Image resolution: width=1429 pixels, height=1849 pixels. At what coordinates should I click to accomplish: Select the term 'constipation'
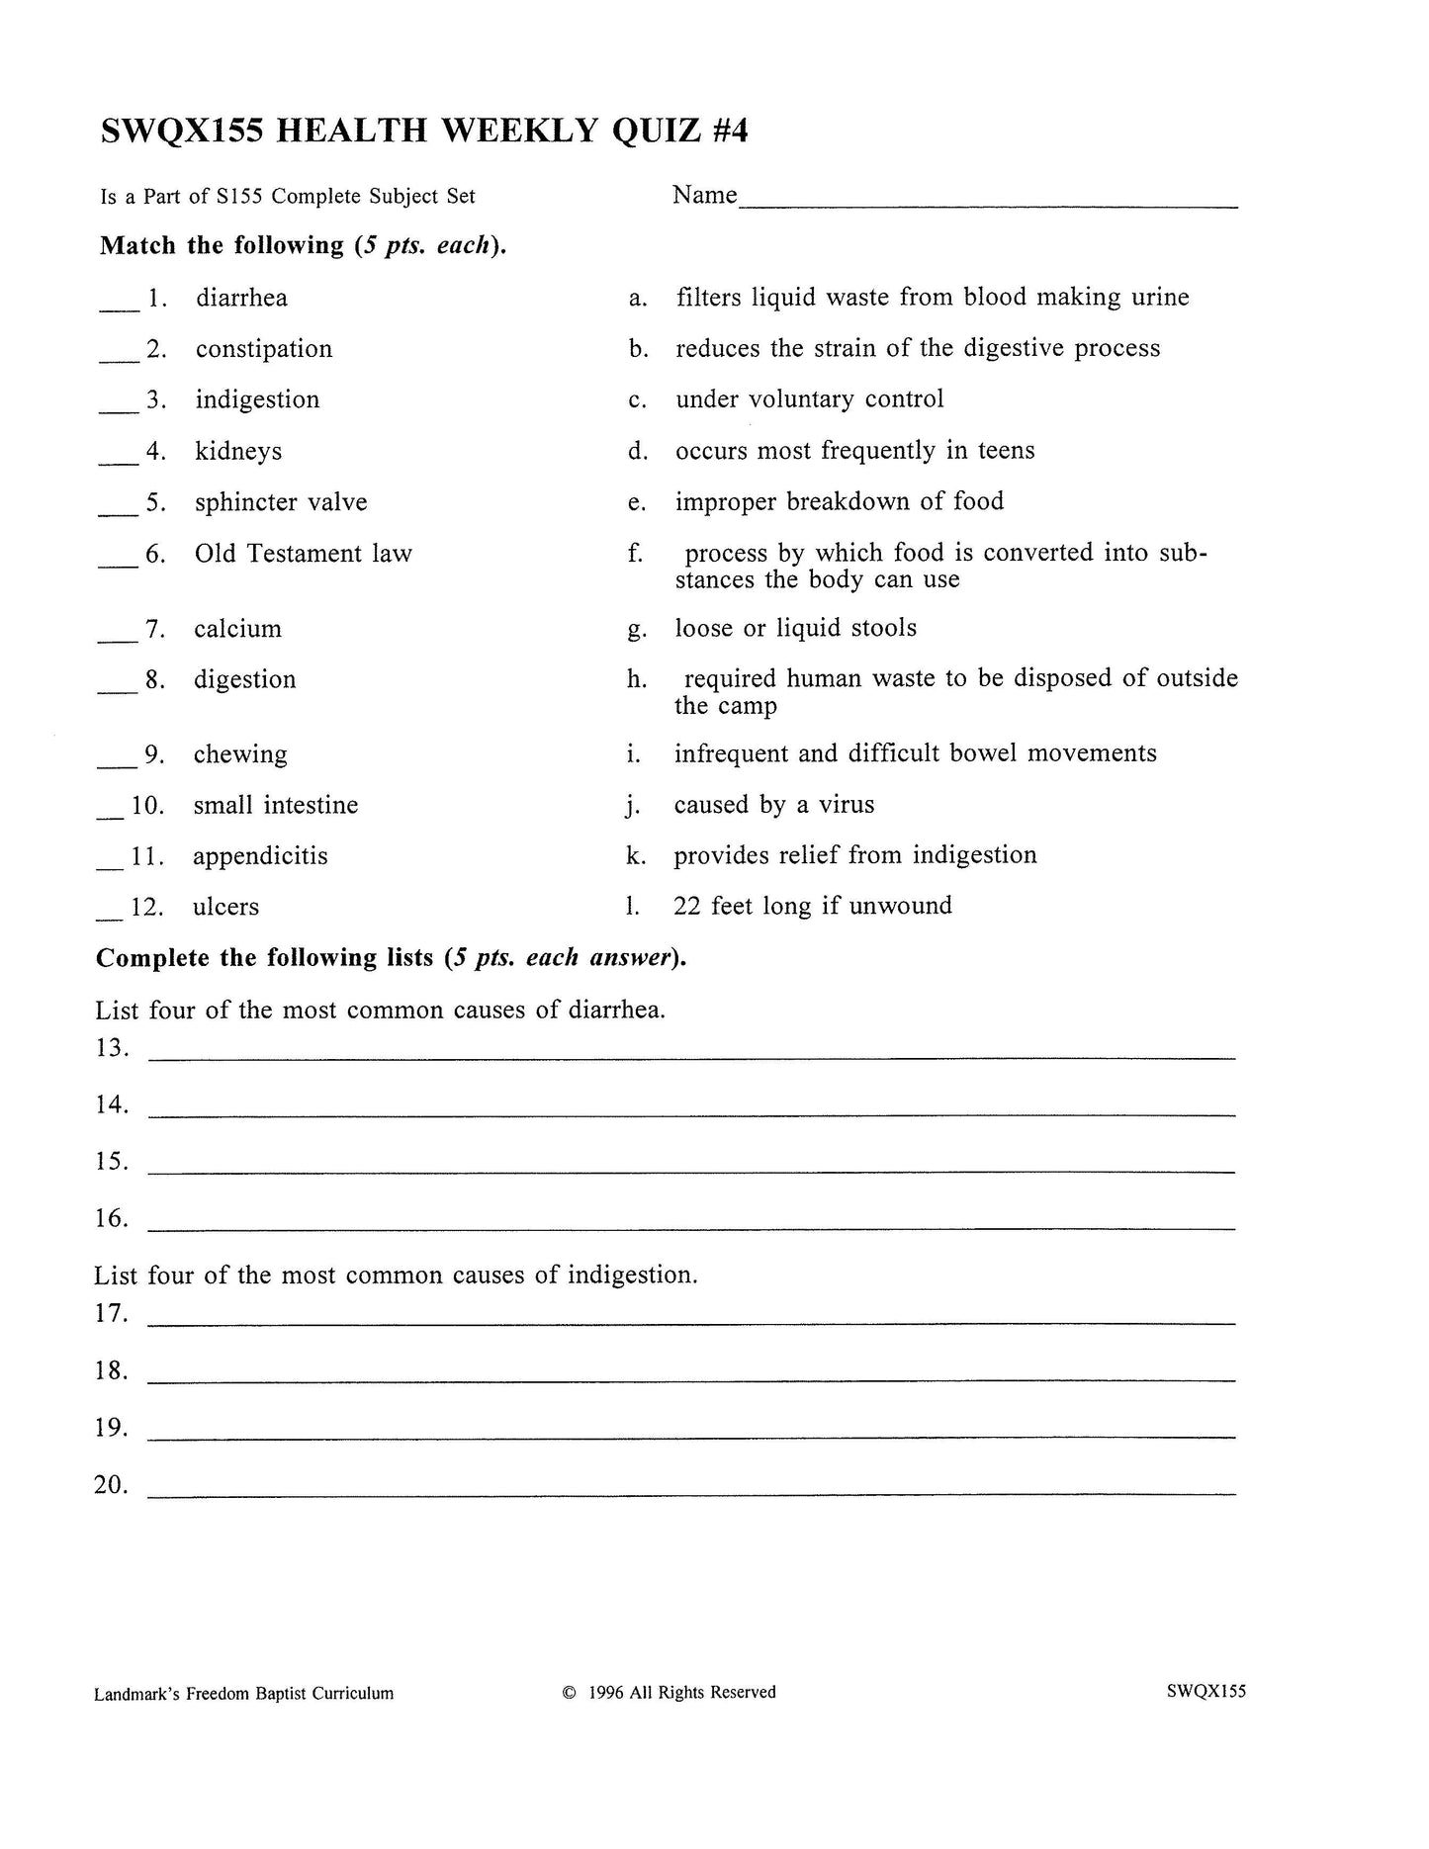click(263, 349)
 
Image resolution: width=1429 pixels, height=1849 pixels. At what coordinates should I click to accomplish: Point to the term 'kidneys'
click(238, 452)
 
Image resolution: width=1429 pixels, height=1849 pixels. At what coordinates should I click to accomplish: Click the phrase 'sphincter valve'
click(281, 502)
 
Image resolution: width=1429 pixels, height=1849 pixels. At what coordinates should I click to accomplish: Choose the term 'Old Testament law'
click(303, 554)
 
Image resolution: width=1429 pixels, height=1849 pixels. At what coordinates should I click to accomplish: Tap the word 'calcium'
click(237, 629)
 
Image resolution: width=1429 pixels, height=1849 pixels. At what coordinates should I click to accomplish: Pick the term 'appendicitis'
click(260, 856)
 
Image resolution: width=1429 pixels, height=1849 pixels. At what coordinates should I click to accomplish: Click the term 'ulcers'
click(225, 908)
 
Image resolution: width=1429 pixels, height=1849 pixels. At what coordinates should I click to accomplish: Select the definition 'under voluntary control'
click(809, 399)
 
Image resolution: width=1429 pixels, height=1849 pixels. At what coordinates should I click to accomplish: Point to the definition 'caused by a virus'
click(773, 805)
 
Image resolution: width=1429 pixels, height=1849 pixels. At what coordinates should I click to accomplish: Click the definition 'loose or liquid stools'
click(795, 629)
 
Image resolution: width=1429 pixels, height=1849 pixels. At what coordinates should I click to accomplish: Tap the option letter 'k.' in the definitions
click(636, 856)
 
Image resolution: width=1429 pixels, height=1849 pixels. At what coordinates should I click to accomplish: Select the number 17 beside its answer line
click(112, 1314)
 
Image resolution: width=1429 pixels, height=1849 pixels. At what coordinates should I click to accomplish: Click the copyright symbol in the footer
click(569, 1693)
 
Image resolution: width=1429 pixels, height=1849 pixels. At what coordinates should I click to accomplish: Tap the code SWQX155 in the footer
click(1206, 1692)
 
